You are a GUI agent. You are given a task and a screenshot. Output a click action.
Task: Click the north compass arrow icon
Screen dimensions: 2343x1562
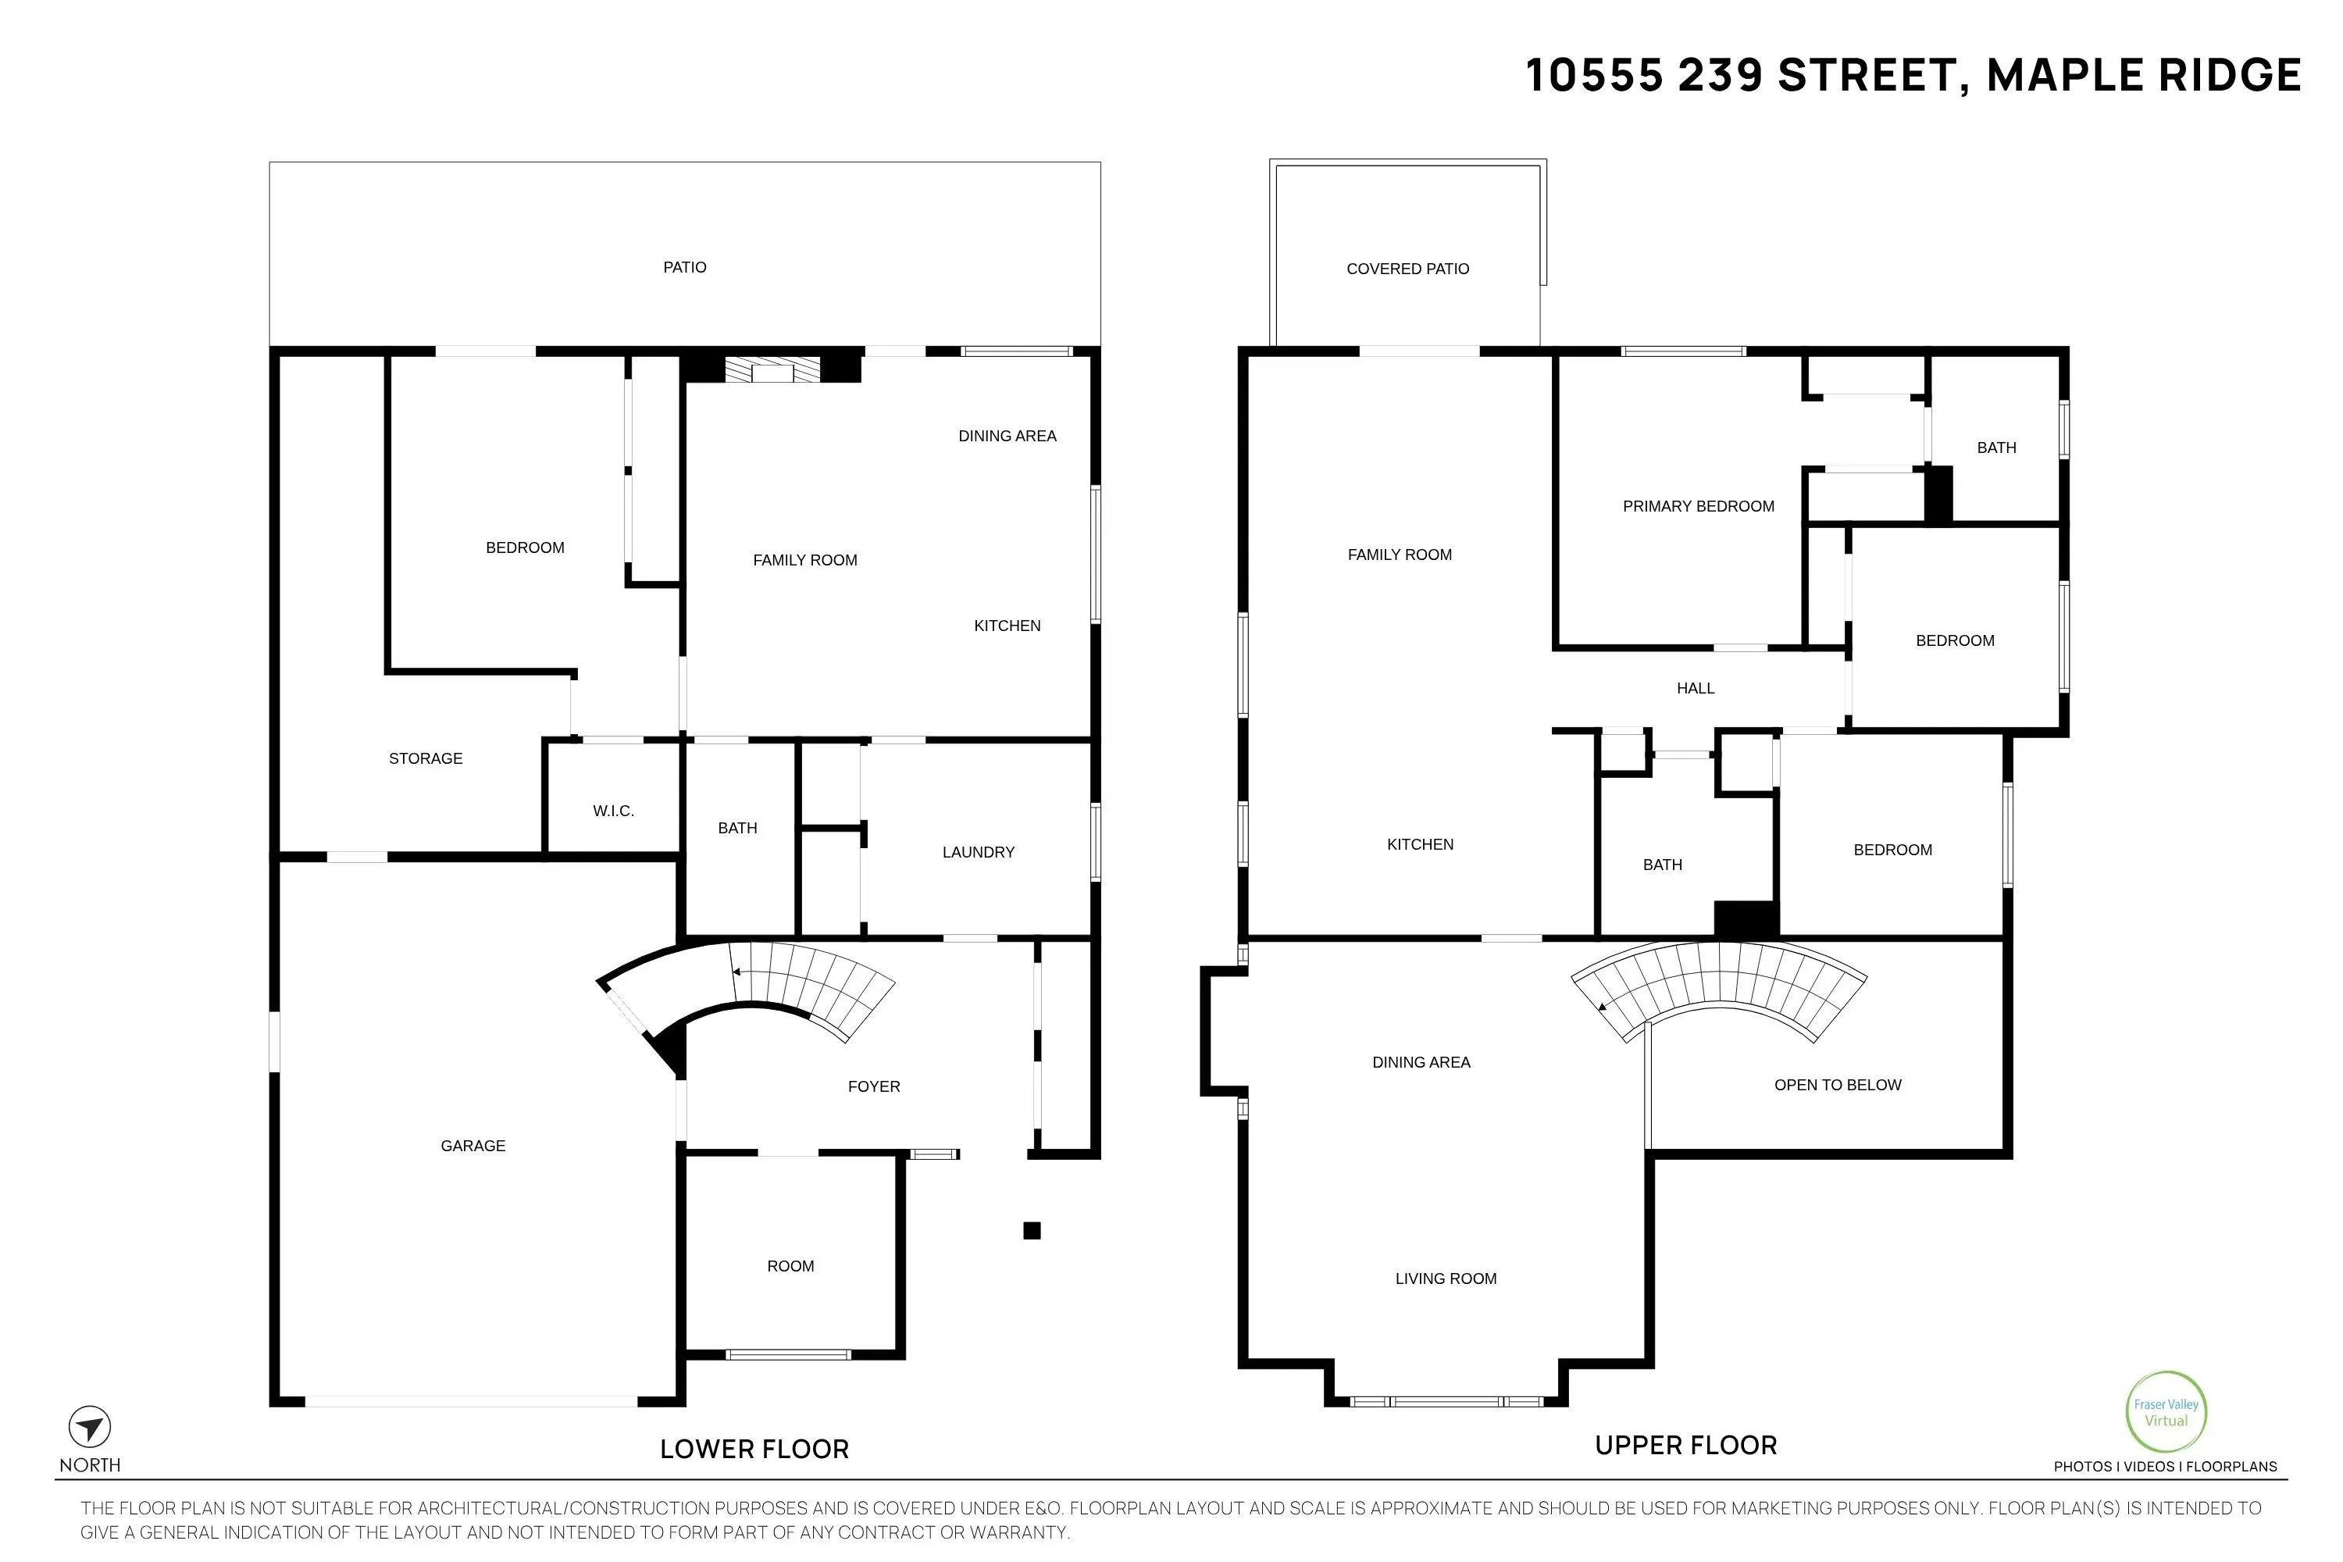tap(90, 1428)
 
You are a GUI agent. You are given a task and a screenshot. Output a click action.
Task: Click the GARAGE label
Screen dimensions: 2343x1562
tap(473, 1147)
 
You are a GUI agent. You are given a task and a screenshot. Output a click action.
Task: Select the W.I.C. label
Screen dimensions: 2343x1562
tap(614, 811)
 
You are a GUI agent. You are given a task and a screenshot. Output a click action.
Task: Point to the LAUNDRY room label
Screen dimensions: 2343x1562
tap(979, 852)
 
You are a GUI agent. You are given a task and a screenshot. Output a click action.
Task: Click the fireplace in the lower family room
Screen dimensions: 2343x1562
tap(772, 369)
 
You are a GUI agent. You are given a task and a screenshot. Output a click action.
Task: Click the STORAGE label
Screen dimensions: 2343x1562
tap(426, 758)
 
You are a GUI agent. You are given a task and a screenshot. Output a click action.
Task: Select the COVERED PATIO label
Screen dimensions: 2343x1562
tap(1407, 269)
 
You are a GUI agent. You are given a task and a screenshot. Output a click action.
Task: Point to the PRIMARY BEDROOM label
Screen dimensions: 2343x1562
tap(1699, 506)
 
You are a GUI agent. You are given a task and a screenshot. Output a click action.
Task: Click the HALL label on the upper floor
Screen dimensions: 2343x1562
tap(1696, 688)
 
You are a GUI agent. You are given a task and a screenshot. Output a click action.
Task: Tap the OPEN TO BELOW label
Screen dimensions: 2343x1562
tap(1838, 1085)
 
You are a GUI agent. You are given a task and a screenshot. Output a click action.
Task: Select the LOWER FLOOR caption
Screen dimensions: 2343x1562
tap(754, 1450)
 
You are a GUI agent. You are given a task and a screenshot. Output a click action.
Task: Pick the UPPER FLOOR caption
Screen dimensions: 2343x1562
tap(1685, 1446)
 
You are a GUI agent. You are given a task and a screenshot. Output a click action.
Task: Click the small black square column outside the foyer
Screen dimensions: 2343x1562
tap(1032, 1230)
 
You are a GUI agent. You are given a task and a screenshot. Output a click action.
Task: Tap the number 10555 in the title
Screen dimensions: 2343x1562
tap(1595, 76)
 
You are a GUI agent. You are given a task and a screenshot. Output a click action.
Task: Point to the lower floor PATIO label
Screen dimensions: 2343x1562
tap(686, 267)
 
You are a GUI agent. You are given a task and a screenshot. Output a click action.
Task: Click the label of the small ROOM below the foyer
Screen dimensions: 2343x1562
tap(791, 1266)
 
